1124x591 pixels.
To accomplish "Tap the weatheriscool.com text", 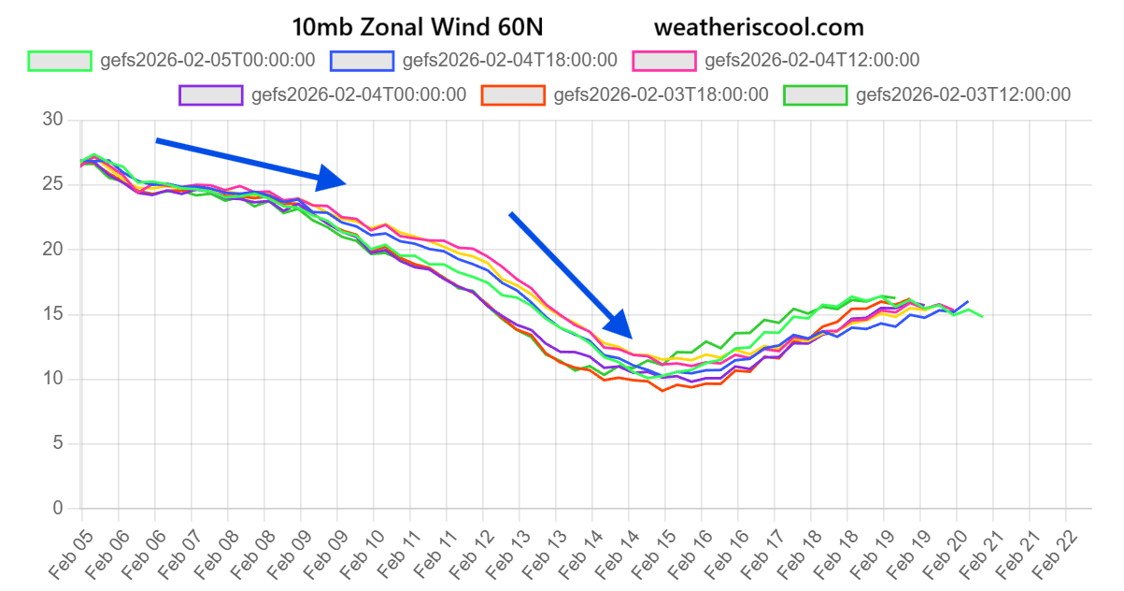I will [x=759, y=26].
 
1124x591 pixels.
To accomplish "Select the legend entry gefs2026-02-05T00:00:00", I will [x=174, y=61].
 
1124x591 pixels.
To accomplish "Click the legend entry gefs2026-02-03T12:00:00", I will [x=929, y=94].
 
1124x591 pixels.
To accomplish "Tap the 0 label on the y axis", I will [x=58, y=509].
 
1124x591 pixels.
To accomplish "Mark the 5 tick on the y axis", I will [x=58, y=444].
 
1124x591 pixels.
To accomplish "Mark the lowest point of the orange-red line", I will [x=662, y=390].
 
